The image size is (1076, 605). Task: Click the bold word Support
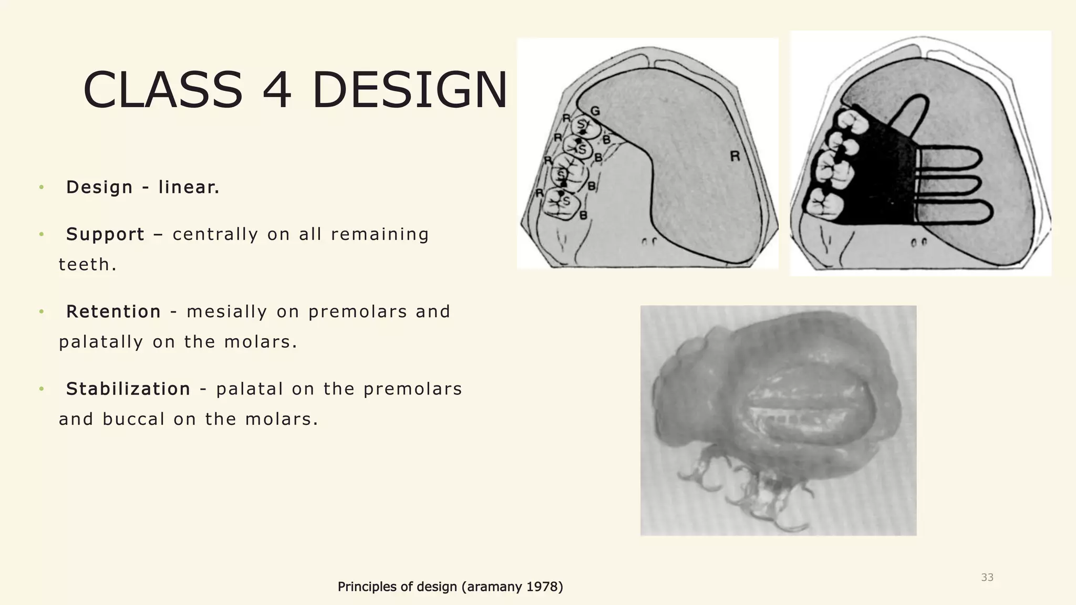[x=105, y=234]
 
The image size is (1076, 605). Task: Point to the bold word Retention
[x=113, y=311]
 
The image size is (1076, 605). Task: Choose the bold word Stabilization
[x=128, y=389]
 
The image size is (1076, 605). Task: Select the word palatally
[x=101, y=342]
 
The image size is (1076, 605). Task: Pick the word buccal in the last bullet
[x=134, y=419]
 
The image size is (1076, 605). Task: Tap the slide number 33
[x=987, y=577]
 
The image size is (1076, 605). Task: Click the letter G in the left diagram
[x=595, y=111]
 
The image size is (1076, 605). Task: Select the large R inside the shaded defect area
[x=735, y=156]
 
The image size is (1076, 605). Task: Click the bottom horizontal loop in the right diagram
[x=956, y=211]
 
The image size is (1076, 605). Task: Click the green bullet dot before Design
[x=41, y=187]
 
